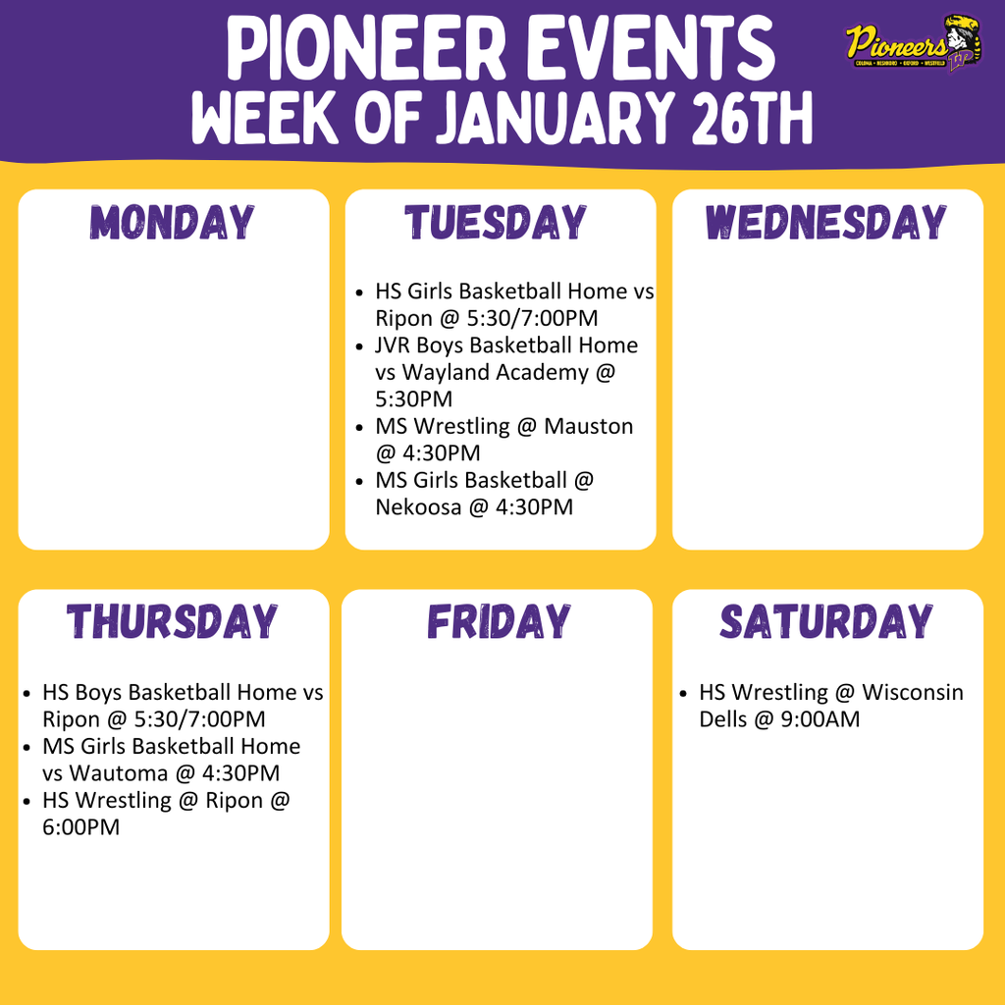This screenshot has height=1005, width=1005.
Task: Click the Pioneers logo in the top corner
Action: [914, 45]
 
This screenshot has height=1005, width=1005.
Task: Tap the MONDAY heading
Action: [173, 223]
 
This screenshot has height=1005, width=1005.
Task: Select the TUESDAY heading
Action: [497, 223]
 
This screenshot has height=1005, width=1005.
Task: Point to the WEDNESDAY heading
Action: [826, 223]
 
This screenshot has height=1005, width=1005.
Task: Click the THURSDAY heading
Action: [173, 622]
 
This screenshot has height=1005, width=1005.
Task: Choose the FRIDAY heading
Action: [498, 622]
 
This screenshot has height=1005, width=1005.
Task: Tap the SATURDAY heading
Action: [826, 622]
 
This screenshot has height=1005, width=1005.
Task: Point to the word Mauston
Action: [589, 427]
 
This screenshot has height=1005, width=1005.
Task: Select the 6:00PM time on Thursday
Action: [80, 827]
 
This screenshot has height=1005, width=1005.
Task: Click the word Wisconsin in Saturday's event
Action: [913, 693]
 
